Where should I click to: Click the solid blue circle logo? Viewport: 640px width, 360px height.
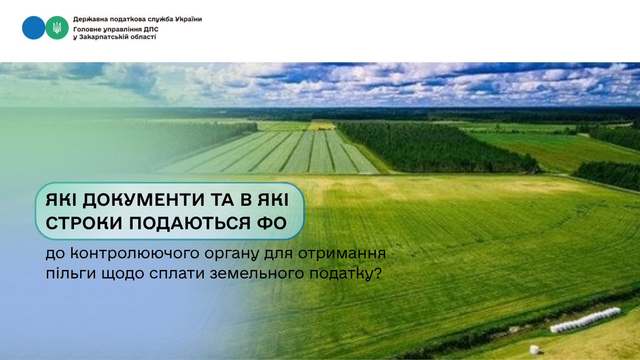coord(33,28)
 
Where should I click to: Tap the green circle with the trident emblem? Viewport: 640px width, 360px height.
coord(57,28)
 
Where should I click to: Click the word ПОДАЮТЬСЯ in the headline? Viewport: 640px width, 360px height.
coord(189,223)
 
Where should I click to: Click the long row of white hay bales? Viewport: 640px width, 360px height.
coord(585,320)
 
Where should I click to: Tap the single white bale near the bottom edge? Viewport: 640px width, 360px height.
coord(535,349)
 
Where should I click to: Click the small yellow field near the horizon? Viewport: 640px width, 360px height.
coord(321,126)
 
